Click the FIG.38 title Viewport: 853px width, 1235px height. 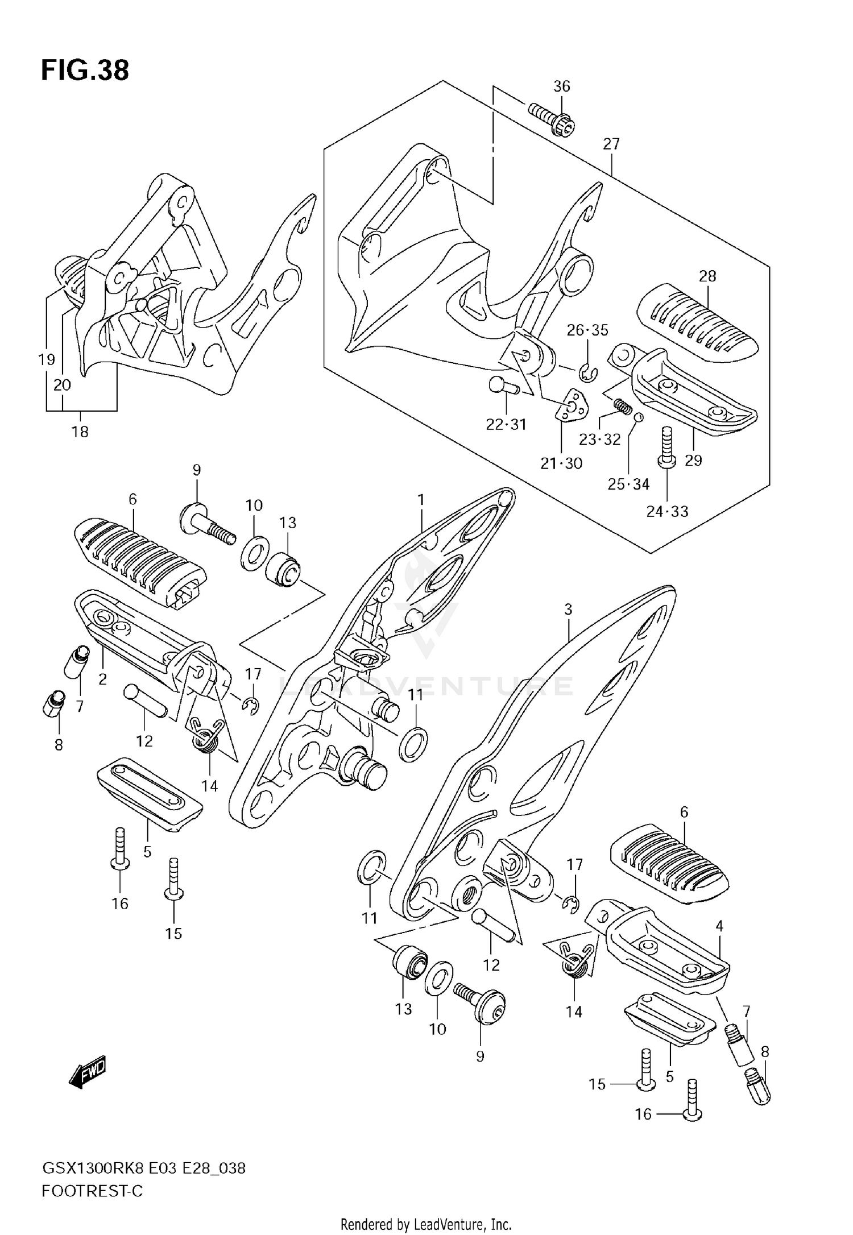point(85,71)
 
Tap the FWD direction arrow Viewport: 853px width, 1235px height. point(88,1074)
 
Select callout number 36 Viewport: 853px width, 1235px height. point(561,86)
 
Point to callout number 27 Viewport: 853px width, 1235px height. point(611,144)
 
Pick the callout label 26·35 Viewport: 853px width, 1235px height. point(587,330)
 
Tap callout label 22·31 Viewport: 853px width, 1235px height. point(506,424)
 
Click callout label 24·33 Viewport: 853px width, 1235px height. point(666,511)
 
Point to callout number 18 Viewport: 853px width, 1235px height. point(80,432)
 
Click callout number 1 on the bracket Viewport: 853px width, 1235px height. point(421,500)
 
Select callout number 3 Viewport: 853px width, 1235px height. point(568,610)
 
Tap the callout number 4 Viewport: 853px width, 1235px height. point(719,926)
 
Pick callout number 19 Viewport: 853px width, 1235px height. point(47,359)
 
